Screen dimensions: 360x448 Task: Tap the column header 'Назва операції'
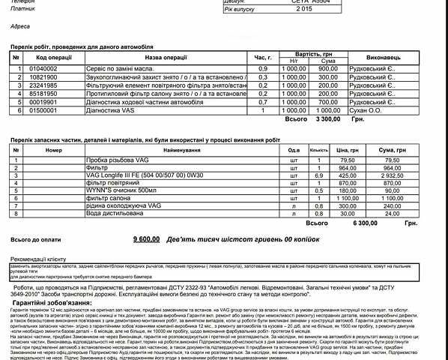[164, 57]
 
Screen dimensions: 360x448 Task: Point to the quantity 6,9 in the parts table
[318, 175]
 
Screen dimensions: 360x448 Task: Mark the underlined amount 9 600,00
[145, 238]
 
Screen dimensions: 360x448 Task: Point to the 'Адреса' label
[20, 26]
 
